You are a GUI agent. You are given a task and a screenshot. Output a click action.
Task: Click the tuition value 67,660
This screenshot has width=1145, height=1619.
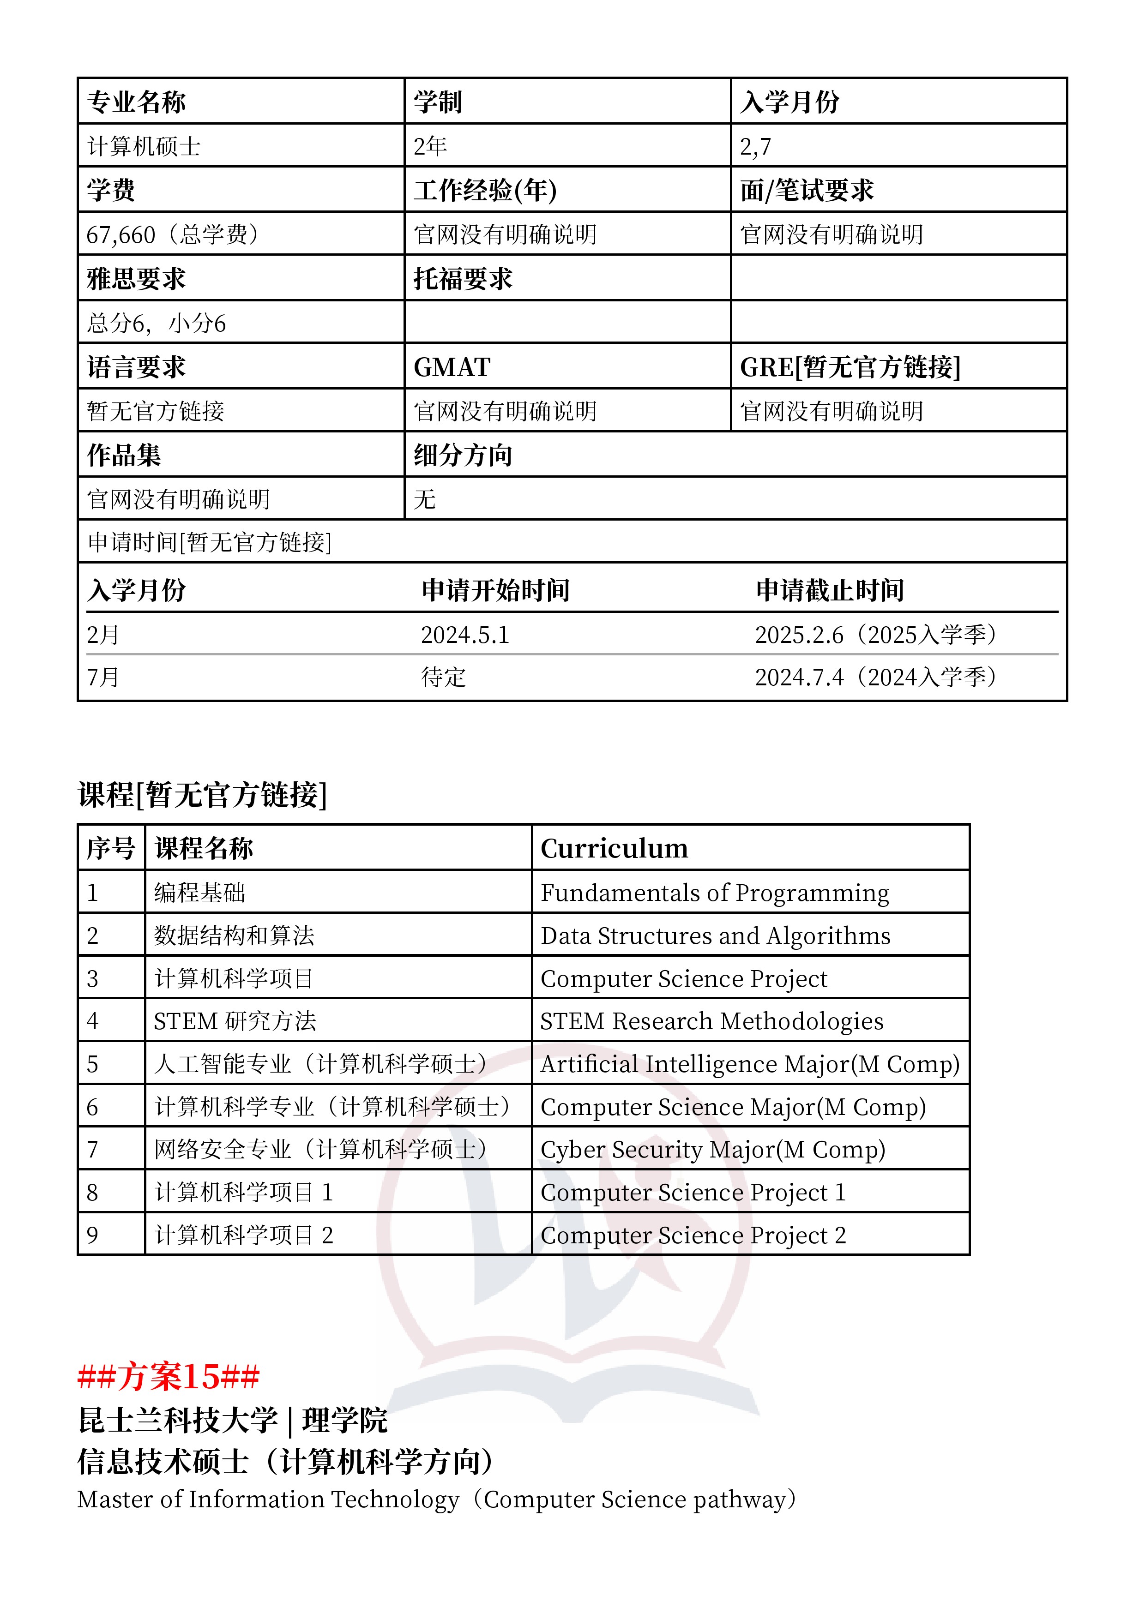click(121, 235)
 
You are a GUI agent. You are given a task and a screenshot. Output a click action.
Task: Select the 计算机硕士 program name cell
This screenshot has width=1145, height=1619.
click(144, 147)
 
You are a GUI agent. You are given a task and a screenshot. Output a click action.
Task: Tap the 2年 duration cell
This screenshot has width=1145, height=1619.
click(430, 147)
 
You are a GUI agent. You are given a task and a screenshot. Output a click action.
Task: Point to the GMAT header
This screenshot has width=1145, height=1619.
click(452, 367)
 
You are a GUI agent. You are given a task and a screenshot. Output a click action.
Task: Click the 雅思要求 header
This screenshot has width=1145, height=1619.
click(136, 279)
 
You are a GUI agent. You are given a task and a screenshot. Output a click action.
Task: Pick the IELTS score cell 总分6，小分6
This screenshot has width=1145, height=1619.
click(156, 324)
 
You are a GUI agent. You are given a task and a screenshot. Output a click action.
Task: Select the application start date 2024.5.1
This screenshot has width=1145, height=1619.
click(465, 636)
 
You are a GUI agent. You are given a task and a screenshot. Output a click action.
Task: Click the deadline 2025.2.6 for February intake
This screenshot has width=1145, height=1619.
click(799, 636)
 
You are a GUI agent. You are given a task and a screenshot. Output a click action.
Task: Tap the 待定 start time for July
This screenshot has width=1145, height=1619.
click(443, 678)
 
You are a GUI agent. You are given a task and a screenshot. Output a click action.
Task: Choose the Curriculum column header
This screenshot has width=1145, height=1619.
click(614, 848)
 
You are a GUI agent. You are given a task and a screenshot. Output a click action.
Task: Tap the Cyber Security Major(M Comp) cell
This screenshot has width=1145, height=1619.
click(712, 1150)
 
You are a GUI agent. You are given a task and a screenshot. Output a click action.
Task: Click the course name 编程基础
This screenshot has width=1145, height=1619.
click(199, 893)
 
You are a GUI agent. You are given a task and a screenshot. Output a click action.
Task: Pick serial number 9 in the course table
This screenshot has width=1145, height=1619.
click(92, 1235)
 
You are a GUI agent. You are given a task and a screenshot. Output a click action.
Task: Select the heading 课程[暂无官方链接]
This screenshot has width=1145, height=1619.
click(203, 795)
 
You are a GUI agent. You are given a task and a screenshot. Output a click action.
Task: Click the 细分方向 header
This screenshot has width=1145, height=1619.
click(463, 456)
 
